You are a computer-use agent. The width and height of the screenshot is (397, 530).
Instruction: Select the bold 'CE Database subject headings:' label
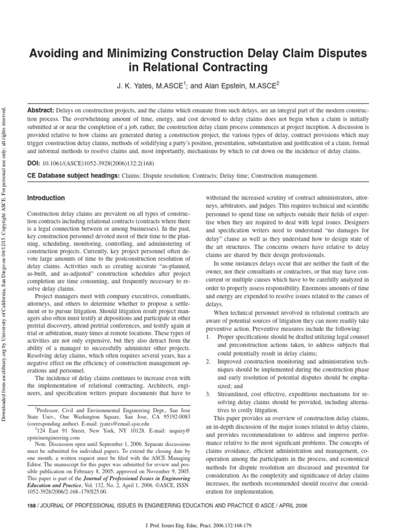click(73, 176)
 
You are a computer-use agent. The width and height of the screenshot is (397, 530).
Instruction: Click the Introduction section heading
click(45, 198)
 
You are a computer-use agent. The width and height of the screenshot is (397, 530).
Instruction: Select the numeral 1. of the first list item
click(208, 336)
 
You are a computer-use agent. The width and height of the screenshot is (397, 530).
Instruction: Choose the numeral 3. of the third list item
click(208, 394)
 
